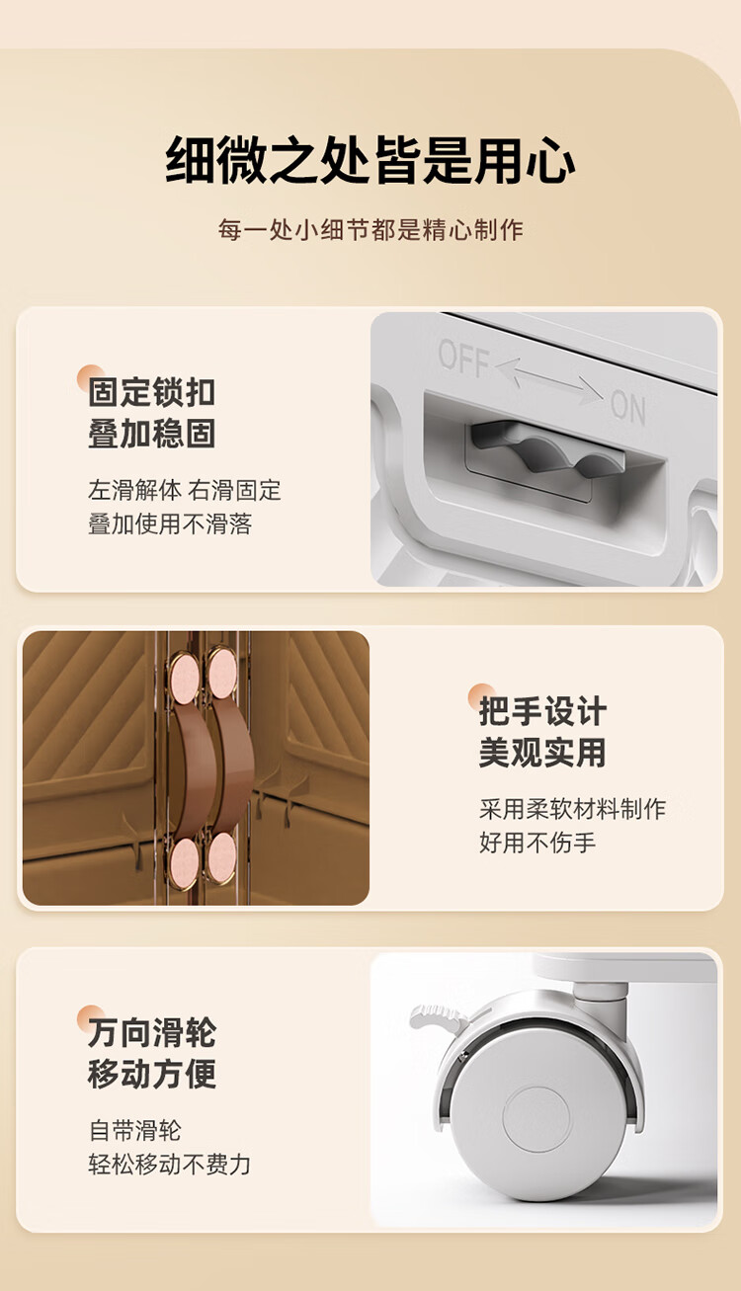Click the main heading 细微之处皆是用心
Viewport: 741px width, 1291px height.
[x=370, y=160]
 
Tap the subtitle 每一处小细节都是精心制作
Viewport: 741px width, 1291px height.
[x=370, y=230]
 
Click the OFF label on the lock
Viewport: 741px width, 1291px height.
[x=463, y=358]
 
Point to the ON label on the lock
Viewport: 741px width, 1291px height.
[x=627, y=407]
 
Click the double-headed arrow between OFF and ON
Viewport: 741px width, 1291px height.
[x=548, y=380]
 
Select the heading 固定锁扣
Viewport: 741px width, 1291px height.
[x=152, y=392]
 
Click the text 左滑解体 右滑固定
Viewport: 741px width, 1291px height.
[x=185, y=490]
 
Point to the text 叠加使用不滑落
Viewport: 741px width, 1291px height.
[x=170, y=524]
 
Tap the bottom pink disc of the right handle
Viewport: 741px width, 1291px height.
[x=221, y=857]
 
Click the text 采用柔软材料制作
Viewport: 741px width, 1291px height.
[x=573, y=809]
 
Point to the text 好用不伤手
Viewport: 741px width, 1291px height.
[x=537, y=843]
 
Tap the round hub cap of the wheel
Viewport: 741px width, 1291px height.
[x=536, y=1120]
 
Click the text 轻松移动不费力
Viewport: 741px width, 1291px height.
[x=170, y=1165]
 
